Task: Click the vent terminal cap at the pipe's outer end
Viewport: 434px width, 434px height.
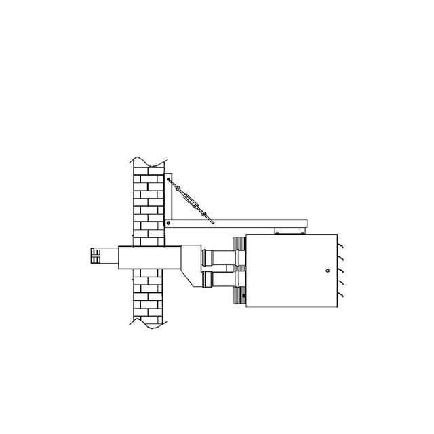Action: tap(95, 256)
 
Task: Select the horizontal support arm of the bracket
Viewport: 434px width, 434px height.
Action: tap(237, 223)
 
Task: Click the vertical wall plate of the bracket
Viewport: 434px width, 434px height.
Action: tap(167, 200)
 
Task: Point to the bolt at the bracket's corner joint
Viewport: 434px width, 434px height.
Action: tap(167, 223)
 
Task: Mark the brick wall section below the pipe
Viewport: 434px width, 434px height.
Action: tap(149, 295)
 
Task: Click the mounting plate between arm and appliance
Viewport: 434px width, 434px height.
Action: tap(286, 232)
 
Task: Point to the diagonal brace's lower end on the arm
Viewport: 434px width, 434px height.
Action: tap(213, 221)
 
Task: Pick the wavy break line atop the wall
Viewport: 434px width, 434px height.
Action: tap(149, 163)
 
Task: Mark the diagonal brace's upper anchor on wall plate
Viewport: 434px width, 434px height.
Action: tap(169, 180)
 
